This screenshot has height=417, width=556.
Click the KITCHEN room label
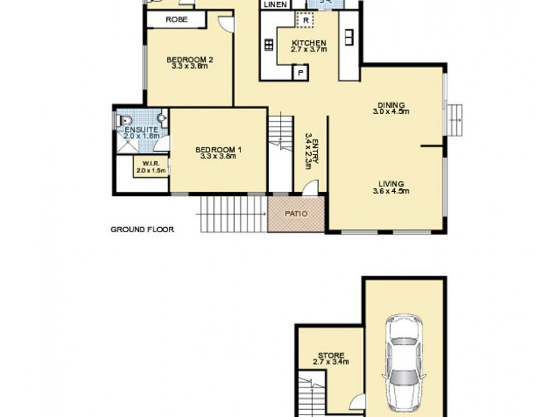[309, 43]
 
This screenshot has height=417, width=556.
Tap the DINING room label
[389, 102]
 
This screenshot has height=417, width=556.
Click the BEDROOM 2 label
[189, 60]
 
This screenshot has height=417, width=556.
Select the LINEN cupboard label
[275, 4]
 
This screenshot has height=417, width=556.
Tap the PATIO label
[296, 213]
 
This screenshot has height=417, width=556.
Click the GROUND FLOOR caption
[142, 229]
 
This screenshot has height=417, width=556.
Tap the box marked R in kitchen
[305, 20]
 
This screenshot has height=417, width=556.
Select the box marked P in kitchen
[302, 72]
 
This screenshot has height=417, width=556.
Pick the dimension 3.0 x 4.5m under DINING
[389, 111]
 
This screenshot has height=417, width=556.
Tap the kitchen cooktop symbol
[269, 46]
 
